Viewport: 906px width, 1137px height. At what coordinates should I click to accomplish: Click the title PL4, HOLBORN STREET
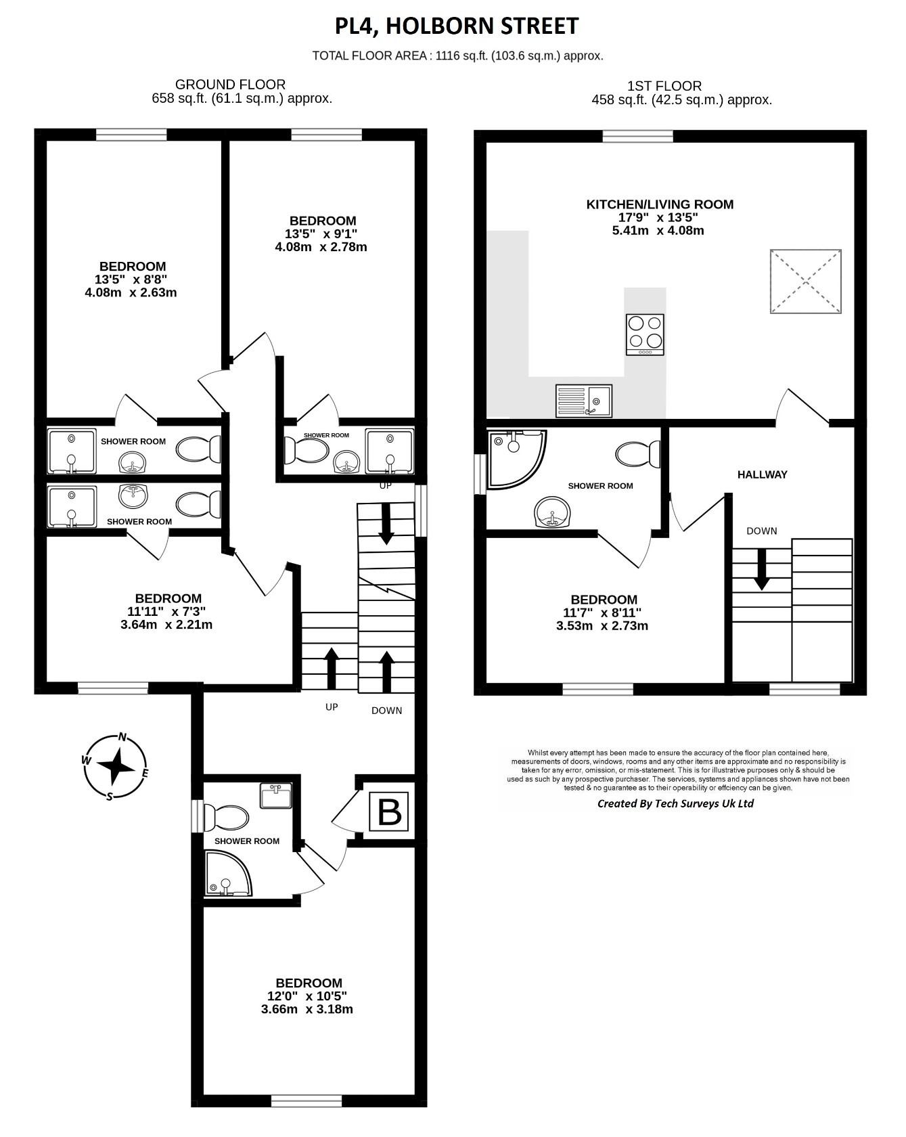pyautogui.click(x=457, y=26)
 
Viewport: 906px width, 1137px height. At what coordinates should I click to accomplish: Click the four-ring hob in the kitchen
pyautogui.click(x=645, y=334)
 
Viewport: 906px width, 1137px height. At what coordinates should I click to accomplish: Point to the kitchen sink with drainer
pyautogui.click(x=583, y=401)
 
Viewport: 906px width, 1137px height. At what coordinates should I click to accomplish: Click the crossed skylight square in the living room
pyautogui.click(x=806, y=282)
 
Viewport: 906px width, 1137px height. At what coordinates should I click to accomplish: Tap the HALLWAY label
pyautogui.click(x=763, y=474)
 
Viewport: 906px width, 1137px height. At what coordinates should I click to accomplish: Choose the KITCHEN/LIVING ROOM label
pyautogui.click(x=660, y=204)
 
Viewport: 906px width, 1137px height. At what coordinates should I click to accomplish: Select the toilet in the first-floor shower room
pyautogui.click(x=638, y=453)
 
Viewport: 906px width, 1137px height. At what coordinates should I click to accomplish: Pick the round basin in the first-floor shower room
pyautogui.click(x=553, y=512)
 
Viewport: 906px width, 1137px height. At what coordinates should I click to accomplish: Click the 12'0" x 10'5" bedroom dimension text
pyautogui.click(x=308, y=996)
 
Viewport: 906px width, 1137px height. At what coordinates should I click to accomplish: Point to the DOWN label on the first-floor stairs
pyautogui.click(x=762, y=531)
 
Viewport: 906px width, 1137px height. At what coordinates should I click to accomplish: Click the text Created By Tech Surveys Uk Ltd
pyautogui.click(x=675, y=803)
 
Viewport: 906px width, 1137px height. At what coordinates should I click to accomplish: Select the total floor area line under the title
pyautogui.click(x=457, y=55)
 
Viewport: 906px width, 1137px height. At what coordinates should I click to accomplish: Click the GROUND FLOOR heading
pyautogui.click(x=230, y=85)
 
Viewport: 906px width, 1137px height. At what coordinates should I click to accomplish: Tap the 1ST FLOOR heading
pyautogui.click(x=664, y=86)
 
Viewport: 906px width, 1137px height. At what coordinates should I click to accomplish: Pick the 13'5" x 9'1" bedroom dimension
pyautogui.click(x=321, y=233)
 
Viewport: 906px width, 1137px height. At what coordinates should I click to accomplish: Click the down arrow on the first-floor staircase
pyautogui.click(x=762, y=569)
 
